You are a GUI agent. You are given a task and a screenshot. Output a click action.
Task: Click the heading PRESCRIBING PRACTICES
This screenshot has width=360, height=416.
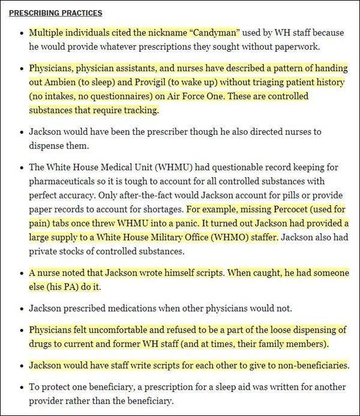(x=56, y=13)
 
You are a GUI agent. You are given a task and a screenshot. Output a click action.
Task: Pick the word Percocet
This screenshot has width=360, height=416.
(x=291, y=210)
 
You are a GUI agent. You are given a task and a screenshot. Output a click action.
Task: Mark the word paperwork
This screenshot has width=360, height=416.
(x=290, y=46)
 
